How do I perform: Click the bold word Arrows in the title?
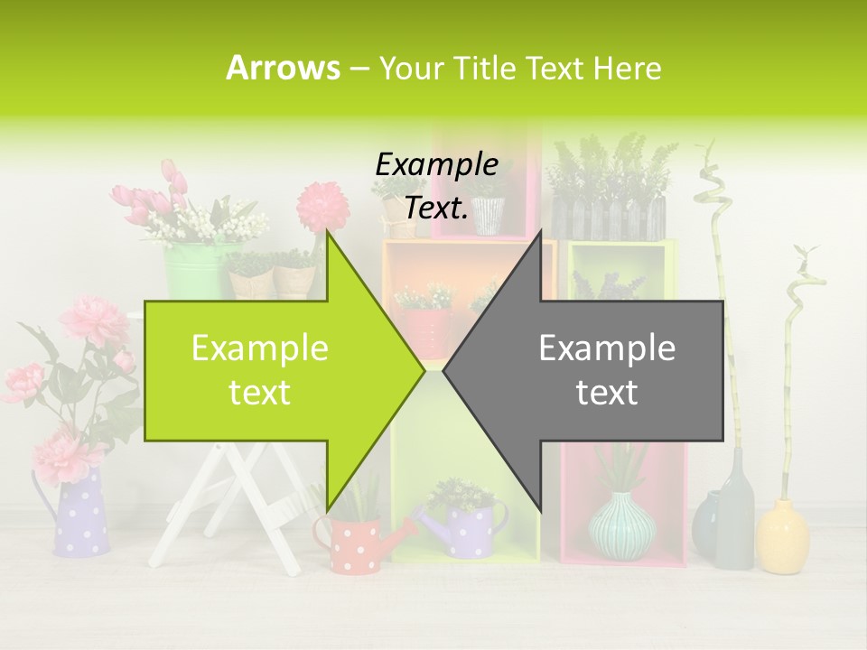[x=283, y=68]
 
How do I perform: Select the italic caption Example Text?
[x=437, y=186]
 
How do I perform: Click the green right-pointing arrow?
[x=271, y=370]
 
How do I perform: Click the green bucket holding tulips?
[x=194, y=269]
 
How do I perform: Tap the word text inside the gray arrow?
[x=607, y=392]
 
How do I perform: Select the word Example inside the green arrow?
[x=259, y=348]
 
